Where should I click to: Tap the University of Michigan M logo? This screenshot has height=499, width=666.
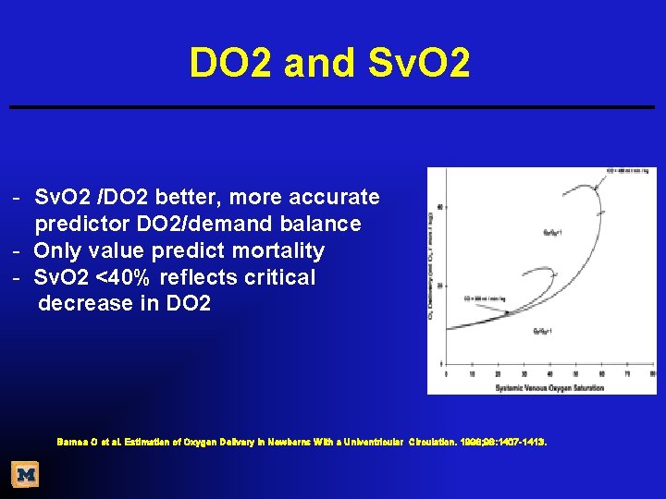25,475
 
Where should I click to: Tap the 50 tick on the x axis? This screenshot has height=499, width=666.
575,374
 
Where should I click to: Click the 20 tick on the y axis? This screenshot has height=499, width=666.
439,284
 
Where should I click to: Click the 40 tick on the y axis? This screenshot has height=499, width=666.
439,206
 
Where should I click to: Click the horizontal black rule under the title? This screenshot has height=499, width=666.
332,107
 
